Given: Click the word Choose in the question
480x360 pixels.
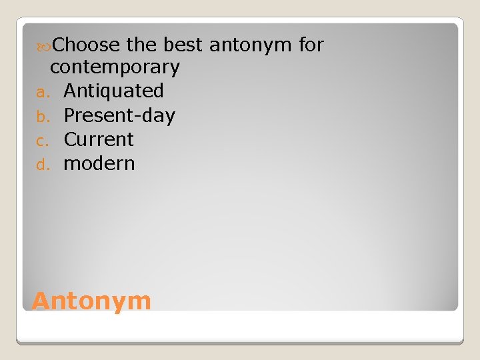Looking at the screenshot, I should (x=85, y=45).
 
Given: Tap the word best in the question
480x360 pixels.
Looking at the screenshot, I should (x=183, y=45).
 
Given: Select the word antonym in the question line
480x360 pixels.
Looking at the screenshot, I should (x=251, y=45).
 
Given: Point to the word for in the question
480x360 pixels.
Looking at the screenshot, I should (x=311, y=45).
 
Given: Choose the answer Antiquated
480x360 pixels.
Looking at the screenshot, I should (x=113, y=91).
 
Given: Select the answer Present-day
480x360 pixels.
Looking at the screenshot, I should (x=119, y=115).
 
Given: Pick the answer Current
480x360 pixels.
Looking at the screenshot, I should (x=99, y=139).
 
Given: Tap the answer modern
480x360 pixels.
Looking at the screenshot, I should (x=99, y=163).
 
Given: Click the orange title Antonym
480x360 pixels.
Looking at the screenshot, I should (x=91, y=301).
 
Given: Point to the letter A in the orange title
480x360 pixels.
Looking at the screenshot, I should (x=41, y=301).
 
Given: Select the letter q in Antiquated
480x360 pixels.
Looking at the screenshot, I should (x=107, y=93).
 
